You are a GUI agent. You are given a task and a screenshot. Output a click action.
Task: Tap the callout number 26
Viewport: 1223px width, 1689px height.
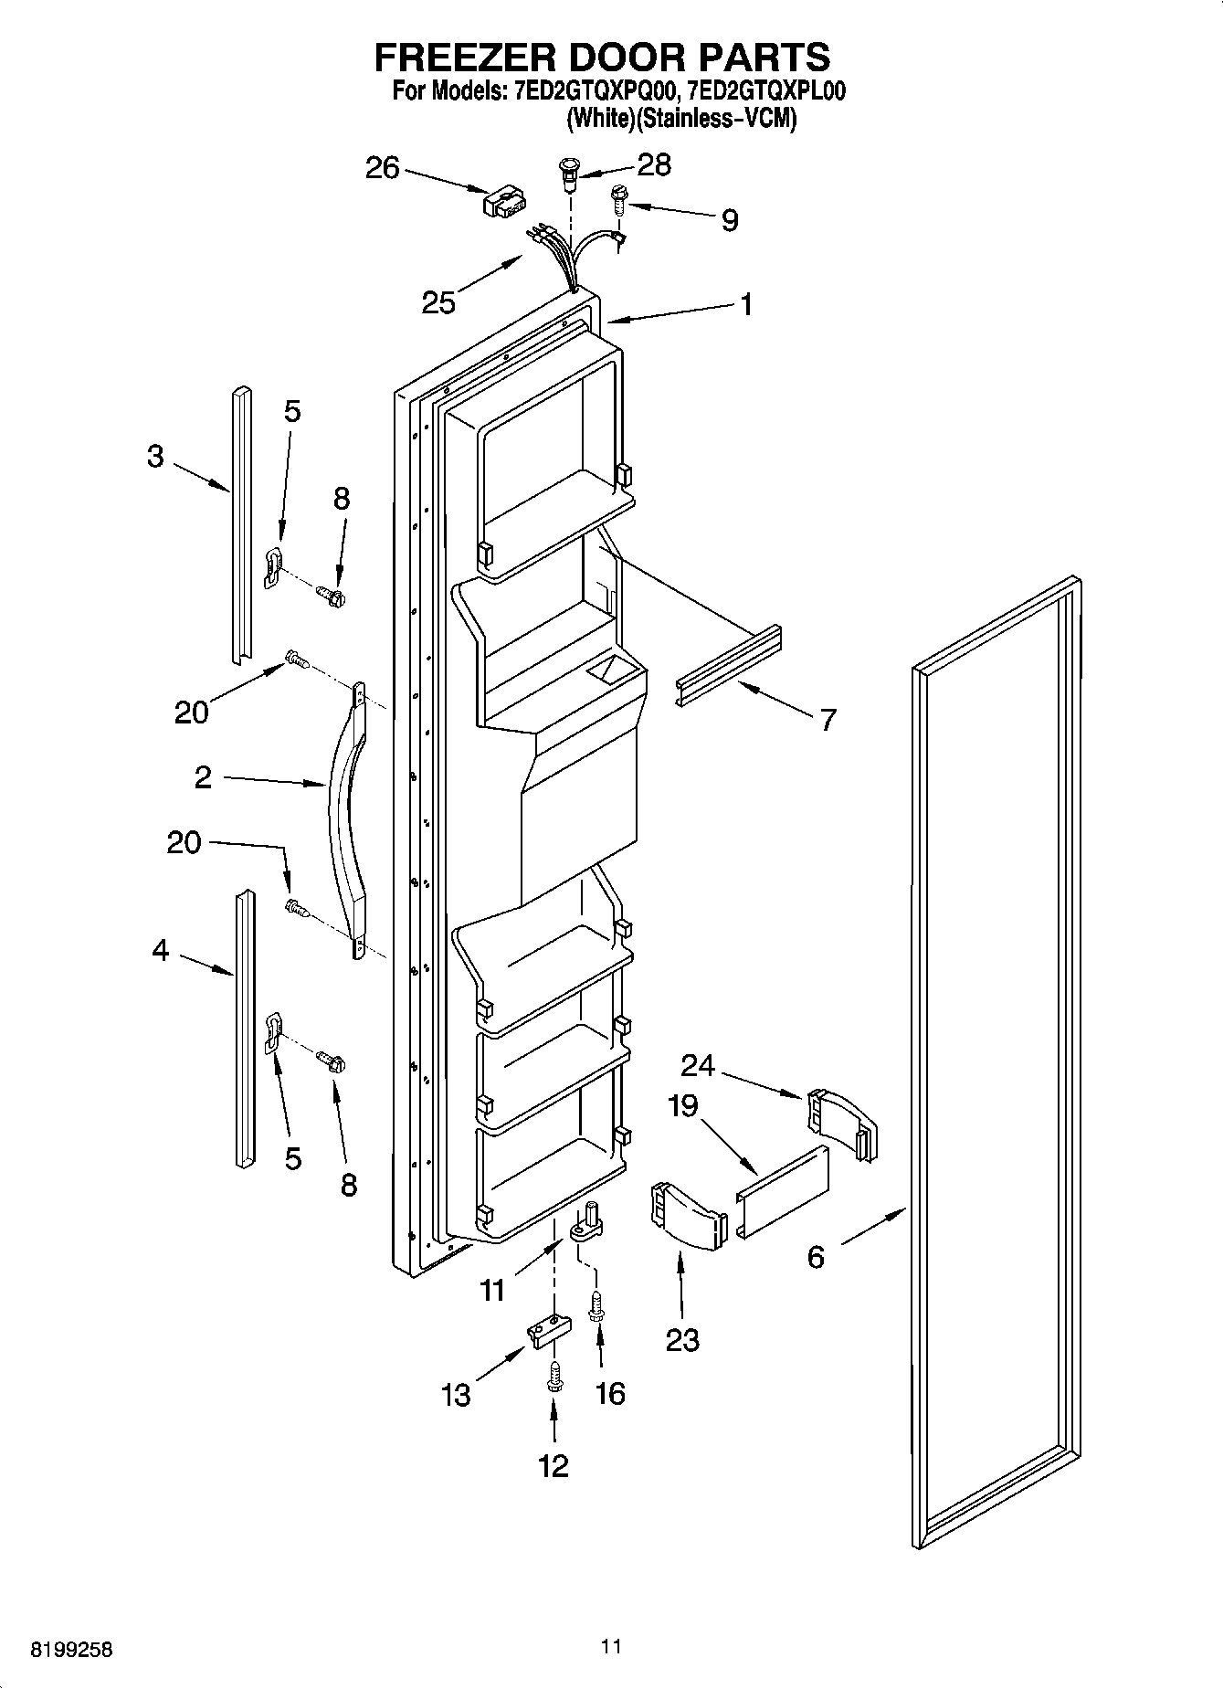(383, 168)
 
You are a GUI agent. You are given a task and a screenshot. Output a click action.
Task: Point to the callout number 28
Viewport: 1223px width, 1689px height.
(654, 164)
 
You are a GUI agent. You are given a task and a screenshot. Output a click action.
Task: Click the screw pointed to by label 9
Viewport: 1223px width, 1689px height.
(619, 198)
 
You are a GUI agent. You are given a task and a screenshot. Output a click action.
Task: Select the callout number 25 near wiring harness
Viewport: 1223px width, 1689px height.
(438, 302)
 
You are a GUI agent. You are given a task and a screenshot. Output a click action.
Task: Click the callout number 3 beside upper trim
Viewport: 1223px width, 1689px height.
(155, 456)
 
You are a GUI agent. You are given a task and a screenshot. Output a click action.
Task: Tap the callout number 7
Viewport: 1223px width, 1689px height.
(828, 720)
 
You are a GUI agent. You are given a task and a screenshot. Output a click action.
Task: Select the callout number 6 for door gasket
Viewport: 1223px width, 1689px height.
(816, 1257)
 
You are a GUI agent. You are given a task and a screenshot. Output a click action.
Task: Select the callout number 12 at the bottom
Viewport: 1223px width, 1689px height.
(554, 1465)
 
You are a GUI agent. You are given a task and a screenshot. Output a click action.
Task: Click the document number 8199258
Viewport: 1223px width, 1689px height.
(72, 1651)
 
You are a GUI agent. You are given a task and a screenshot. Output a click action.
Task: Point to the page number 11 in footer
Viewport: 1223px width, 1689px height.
(611, 1646)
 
